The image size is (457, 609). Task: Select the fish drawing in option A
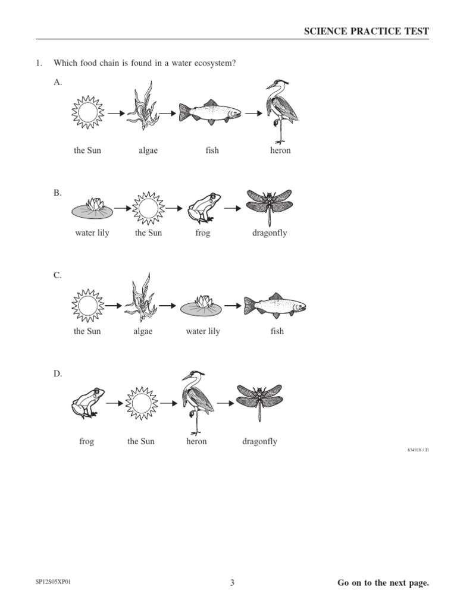[x=210, y=111]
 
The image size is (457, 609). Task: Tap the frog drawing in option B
[x=202, y=208]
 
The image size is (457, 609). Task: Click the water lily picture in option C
[x=203, y=305]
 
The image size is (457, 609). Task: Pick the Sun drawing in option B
[x=148, y=208]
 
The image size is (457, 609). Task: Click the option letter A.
[x=58, y=83]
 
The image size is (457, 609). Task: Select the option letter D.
[x=58, y=373]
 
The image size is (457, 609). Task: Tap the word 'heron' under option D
[x=196, y=442]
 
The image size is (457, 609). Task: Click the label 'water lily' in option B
[x=92, y=233]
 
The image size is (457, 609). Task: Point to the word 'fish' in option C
[x=277, y=331]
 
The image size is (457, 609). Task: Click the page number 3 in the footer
[x=233, y=583]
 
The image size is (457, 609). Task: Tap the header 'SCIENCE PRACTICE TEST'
[x=366, y=32]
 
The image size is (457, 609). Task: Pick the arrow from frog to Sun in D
[x=115, y=403]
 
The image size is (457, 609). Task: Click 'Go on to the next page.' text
[x=383, y=583]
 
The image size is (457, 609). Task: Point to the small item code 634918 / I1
[x=418, y=450]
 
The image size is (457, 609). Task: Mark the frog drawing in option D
[x=87, y=403]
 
